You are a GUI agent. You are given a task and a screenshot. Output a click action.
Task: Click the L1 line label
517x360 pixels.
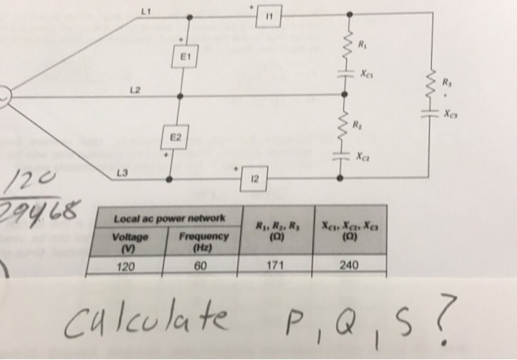pyautogui.click(x=144, y=10)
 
